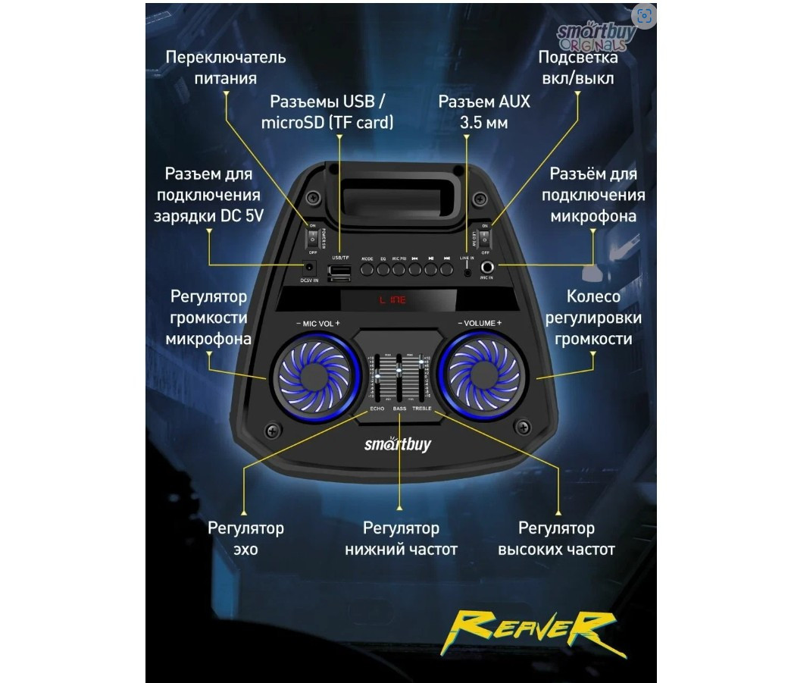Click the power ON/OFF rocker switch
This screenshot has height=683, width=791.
click(311, 237)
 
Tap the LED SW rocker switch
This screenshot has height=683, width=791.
click(486, 237)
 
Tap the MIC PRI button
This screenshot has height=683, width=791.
click(399, 269)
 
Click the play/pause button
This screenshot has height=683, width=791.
click(431, 269)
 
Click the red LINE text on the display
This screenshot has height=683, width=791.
click(393, 300)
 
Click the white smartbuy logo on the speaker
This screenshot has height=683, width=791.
click(397, 443)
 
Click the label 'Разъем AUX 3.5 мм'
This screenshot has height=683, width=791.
click(484, 111)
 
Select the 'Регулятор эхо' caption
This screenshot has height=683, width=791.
click(245, 537)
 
